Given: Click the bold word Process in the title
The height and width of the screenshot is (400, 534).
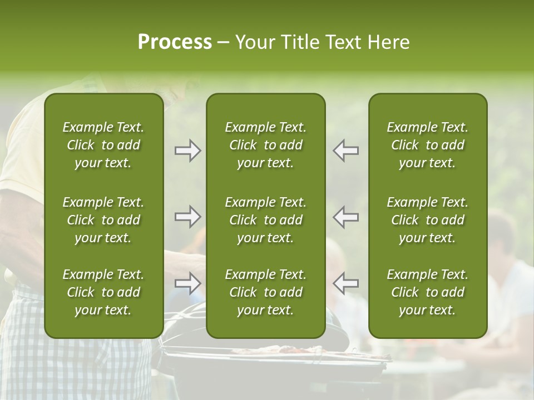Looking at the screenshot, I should click(175, 42).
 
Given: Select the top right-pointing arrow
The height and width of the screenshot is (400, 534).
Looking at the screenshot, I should click(188, 151).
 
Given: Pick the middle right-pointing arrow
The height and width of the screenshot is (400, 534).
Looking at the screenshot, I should click(188, 216).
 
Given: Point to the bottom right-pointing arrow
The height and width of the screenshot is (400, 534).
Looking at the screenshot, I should click(188, 283).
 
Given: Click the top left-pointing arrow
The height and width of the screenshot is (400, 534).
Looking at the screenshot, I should click(346, 151).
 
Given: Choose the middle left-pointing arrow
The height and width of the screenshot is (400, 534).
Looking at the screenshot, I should click(346, 216).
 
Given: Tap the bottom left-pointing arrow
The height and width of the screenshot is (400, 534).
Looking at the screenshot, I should click(346, 283).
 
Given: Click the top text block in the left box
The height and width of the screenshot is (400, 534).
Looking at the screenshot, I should click(103, 145).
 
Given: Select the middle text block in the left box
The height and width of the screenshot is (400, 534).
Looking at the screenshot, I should click(103, 220).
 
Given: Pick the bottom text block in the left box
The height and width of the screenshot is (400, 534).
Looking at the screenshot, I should click(103, 292).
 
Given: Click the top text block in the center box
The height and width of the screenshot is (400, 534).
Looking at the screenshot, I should click(266, 145).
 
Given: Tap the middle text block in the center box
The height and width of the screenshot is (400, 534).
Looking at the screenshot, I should click(266, 220).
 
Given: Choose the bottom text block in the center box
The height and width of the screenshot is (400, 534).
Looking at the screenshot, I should click(266, 292).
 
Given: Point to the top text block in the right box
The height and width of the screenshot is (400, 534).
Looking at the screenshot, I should click(428, 145).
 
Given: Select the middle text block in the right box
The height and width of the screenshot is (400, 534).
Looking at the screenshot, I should click(428, 220).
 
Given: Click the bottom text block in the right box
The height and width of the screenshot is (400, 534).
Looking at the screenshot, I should click(428, 292).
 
